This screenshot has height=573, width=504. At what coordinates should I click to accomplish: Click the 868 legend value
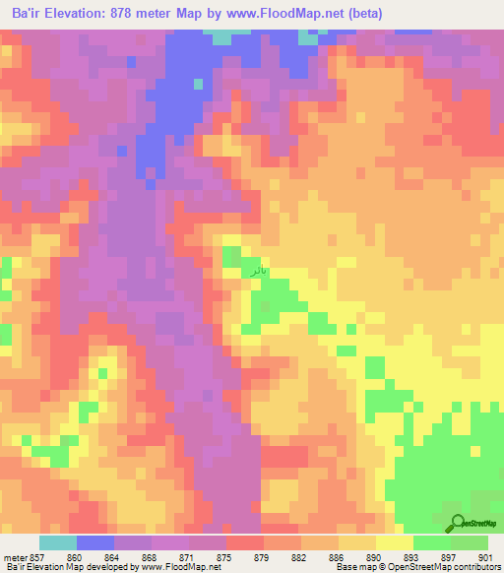[149, 557]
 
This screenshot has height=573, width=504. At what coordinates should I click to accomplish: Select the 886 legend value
[336, 557]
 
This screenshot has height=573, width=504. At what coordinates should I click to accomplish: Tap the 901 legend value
[483, 557]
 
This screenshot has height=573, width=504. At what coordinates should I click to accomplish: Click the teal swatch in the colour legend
[58, 542]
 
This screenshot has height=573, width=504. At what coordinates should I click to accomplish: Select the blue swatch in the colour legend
[95, 542]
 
